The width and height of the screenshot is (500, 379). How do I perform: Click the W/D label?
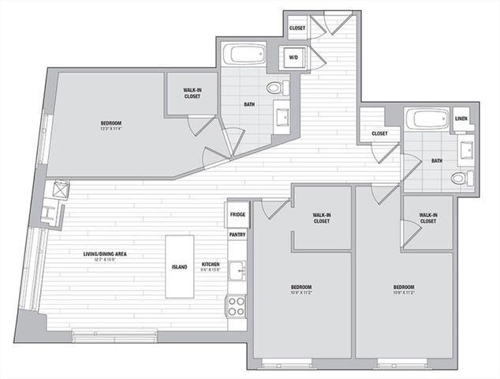pyautogui.click(x=293, y=57)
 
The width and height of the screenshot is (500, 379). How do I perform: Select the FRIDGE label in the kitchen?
pyautogui.click(x=238, y=215)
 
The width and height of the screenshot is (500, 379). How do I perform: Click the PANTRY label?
pyautogui.click(x=238, y=235)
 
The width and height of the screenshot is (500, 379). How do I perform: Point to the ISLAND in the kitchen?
pyautogui.click(x=180, y=267)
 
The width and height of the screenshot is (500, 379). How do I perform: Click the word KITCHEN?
pyautogui.click(x=210, y=265)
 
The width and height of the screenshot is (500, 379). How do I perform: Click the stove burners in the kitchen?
pyautogui.click(x=236, y=306)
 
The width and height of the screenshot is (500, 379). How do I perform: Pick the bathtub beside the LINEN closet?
pyautogui.click(x=427, y=120)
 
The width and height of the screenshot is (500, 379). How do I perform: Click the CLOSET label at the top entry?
pyautogui.click(x=297, y=28)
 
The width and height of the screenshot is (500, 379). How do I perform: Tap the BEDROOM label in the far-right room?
pyautogui.click(x=403, y=287)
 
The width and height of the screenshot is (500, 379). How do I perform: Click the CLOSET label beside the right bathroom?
pyautogui.click(x=379, y=133)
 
